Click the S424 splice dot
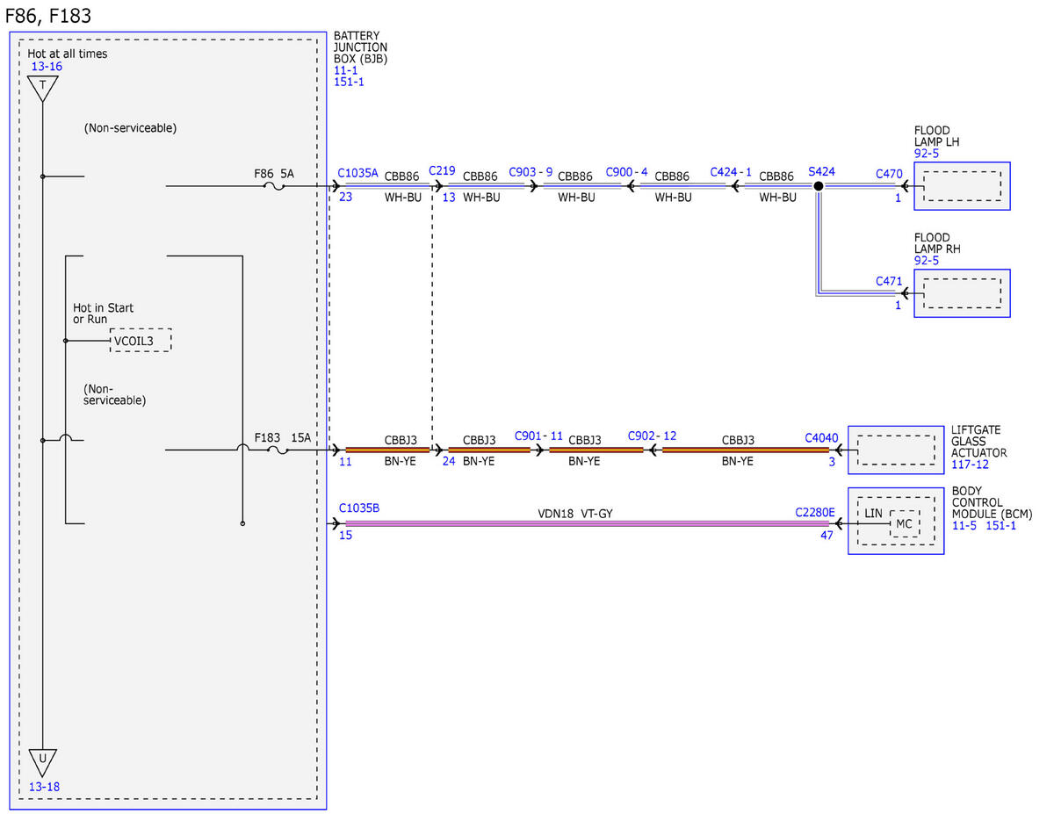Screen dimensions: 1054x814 pyautogui.click(x=818, y=185)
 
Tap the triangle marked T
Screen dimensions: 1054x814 pyautogui.click(x=43, y=87)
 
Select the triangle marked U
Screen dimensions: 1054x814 pyautogui.click(x=43, y=762)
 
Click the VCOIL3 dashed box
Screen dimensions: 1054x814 pyautogui.click(x=141, y=340)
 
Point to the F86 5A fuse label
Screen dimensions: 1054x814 pyautogui.click(x=274, y=174)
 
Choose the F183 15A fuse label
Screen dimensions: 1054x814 pyautogui.click(x=282, y=437)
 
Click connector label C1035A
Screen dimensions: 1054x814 pyautogui.click(x=357, y=173)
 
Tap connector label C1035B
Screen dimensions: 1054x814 pyautogui.click(x=359, y=508)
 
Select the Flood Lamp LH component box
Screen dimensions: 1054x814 pyautogui.click(x=962, y=185)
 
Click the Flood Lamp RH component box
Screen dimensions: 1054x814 pyautogui.click(x=962, y=292)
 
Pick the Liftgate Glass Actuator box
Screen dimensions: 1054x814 pyautogui.click(x=896, y=450)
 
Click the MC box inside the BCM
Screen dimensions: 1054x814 pyautogui.click(x=905, y=523)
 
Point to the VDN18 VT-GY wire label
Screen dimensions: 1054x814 pyautogui.click(x=575, y=513)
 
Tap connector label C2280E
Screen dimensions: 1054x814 pyautogui.click(x=815, y=512)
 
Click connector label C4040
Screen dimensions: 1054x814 pyautogui.click(x=821, y=438)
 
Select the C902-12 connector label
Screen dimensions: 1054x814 pyautogui.click(x=652, y=436)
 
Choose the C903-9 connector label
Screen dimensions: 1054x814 pyautogui.click(x=531, y=171)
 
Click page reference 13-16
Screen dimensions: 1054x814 pyautogui.click(x=47, y=67)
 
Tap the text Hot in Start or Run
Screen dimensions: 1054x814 pyautogui.click(x=103, y=313)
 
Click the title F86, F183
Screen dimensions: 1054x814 pyautogui.click(x=48, y=16)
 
